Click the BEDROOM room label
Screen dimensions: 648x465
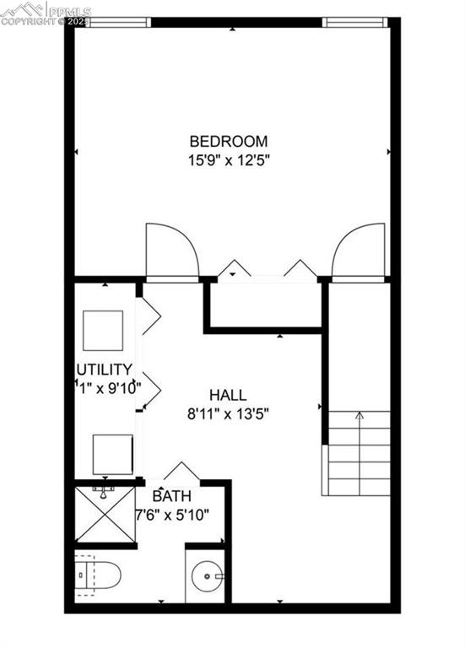[x=228, y=142]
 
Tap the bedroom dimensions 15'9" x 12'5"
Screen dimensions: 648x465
[x=228, y=159]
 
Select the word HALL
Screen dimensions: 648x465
[x=228, y=395]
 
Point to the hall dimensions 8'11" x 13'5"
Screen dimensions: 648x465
[x=228, y=413]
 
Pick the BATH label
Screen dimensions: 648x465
[x=171, y=497]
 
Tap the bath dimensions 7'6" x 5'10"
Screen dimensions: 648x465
[x=173, y=514]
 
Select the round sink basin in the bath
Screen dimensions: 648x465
[x=206, y=578]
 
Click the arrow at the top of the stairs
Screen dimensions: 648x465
[x=360, y=415]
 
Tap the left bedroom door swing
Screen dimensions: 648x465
[x=170, y=251]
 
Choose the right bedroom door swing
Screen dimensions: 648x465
[x=360, y=251]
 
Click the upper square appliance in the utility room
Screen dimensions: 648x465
[x=103, y=331]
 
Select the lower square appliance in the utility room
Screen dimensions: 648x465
[x=112, y=454]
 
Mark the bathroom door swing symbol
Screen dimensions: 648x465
[x=180, y=472]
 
